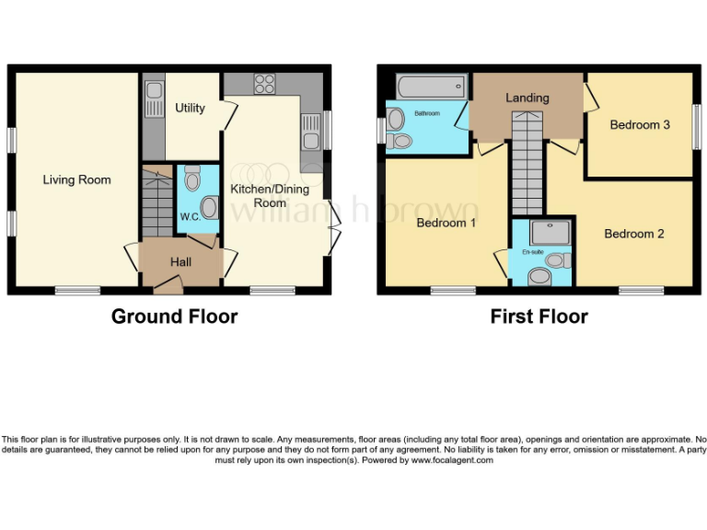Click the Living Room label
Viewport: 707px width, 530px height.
click(x=76, y=179)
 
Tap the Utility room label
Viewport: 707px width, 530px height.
click(x=190, y=108)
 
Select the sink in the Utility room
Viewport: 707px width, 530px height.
click(x=153, y=91)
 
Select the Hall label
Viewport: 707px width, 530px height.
click(x=180, y=262)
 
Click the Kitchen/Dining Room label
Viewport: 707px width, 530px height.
click(x=257, y=195)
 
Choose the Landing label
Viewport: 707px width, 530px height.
click(x=527, y=98)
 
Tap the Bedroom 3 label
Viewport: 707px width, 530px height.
click(x=640, y=125)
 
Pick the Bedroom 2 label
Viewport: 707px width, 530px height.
click(x=633, y=234)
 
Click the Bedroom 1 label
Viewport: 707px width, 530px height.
click(x=446, y=223)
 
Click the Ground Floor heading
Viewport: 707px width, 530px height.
click(x=174, y=317)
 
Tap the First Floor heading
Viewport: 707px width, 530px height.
click(x=539, y=317)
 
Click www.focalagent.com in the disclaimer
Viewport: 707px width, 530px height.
click(x=452, y=460)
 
